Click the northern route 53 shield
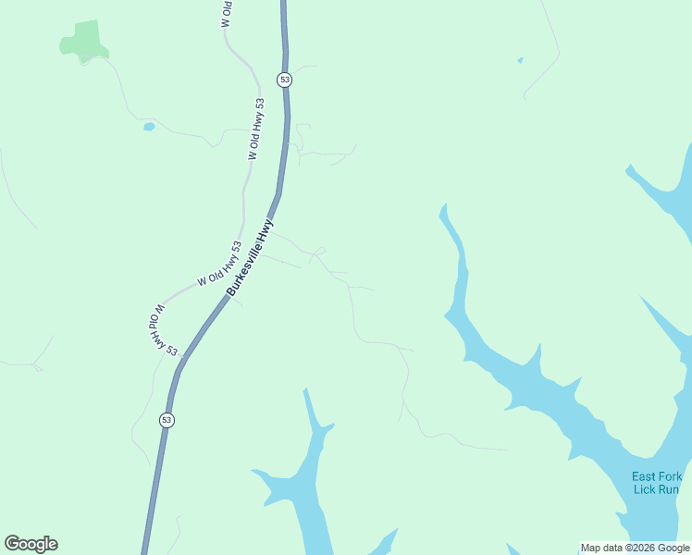[284, 80]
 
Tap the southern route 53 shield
[167, 420]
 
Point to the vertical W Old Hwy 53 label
[256, 129]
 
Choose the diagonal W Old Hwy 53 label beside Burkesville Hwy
[218, 264]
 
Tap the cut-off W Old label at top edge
[227, 14]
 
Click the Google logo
[31, 544]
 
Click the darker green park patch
[84, 40]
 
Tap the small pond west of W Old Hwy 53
[148, 127]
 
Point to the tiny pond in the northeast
[520, 61]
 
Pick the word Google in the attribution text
[673, 549]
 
